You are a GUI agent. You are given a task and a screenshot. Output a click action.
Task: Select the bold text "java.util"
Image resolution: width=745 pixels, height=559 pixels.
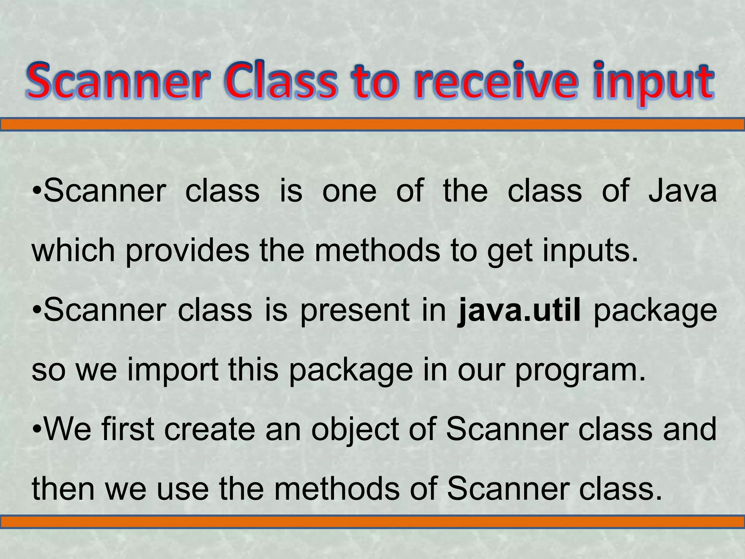point(519,310)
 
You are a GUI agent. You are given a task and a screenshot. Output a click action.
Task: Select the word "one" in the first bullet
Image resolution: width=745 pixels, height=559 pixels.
point(349,191)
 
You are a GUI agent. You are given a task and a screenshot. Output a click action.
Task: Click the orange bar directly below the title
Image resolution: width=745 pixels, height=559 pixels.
point(372,125)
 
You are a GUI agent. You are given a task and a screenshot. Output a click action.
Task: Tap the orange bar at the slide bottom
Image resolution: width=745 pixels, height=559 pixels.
point(372,522)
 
